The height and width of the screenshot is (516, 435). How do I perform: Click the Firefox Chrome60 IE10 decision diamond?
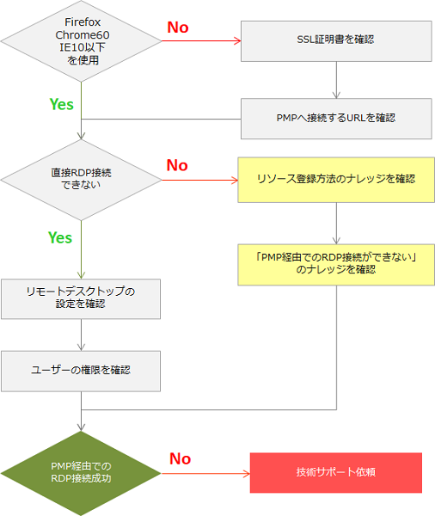click(81, 41)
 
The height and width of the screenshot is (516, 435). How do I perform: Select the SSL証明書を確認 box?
click(336, 41)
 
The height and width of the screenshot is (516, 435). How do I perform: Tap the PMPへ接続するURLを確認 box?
click(336, 119)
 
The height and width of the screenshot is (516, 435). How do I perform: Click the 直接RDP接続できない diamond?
click(81, 180)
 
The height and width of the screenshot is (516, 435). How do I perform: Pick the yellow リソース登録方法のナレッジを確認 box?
click(336, 180)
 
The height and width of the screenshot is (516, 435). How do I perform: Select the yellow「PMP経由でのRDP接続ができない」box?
click(336, 265)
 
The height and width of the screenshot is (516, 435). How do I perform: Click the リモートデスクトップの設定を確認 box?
click(81, 298)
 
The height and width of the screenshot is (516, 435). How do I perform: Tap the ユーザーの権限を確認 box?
click(81, 372)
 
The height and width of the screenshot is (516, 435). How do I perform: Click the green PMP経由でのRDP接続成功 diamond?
click(81, 473)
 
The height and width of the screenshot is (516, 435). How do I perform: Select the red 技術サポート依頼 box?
click(336, 472)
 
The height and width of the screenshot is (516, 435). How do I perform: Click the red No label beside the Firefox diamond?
click(178, 28)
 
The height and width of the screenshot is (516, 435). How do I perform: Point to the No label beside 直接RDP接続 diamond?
click(177, 165)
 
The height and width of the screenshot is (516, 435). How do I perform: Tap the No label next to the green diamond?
click(180, 458)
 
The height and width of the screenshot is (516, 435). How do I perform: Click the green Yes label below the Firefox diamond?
click(62, 104)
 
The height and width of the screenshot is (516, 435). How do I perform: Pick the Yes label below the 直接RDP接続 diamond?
click(60, 237)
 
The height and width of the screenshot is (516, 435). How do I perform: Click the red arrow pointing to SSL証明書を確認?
click(201, 40)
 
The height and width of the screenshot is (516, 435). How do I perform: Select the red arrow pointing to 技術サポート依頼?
click(205, 474)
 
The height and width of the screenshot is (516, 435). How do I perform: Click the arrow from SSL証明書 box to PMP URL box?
click(336, 80)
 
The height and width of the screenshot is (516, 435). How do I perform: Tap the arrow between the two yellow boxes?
click(336, 223)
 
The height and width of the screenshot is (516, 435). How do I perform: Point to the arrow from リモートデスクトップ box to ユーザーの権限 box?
click(81, 335)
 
